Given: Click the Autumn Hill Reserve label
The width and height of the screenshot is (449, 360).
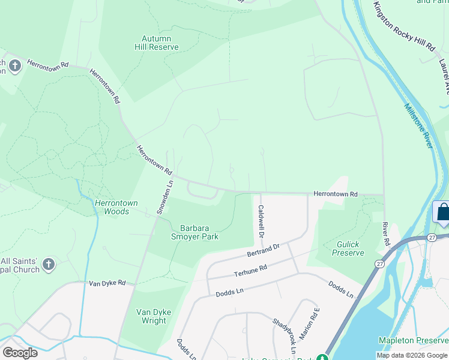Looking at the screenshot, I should point(155,43).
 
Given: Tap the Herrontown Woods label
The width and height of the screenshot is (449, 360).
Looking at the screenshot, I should point(116,207).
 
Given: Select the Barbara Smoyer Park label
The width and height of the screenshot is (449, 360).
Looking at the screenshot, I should point(199,232).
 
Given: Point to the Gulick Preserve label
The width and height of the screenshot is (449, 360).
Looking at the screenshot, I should point(348,248).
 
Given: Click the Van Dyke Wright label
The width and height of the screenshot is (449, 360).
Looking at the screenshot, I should point(151,316).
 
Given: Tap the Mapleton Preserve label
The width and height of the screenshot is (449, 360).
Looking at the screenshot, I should point(413,340).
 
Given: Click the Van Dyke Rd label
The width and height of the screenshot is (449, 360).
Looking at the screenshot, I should point(107,283).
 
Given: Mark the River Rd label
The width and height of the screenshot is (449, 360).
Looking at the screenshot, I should point(386,235).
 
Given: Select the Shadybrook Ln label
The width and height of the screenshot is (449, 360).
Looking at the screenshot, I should point(285,336).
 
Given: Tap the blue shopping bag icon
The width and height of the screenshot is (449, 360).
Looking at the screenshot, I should point(442,212).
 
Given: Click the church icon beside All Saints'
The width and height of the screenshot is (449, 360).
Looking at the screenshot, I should point(49,264).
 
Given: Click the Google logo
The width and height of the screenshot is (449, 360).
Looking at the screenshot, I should point(20,353).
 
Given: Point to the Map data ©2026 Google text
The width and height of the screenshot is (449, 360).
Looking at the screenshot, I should point(411,355).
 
